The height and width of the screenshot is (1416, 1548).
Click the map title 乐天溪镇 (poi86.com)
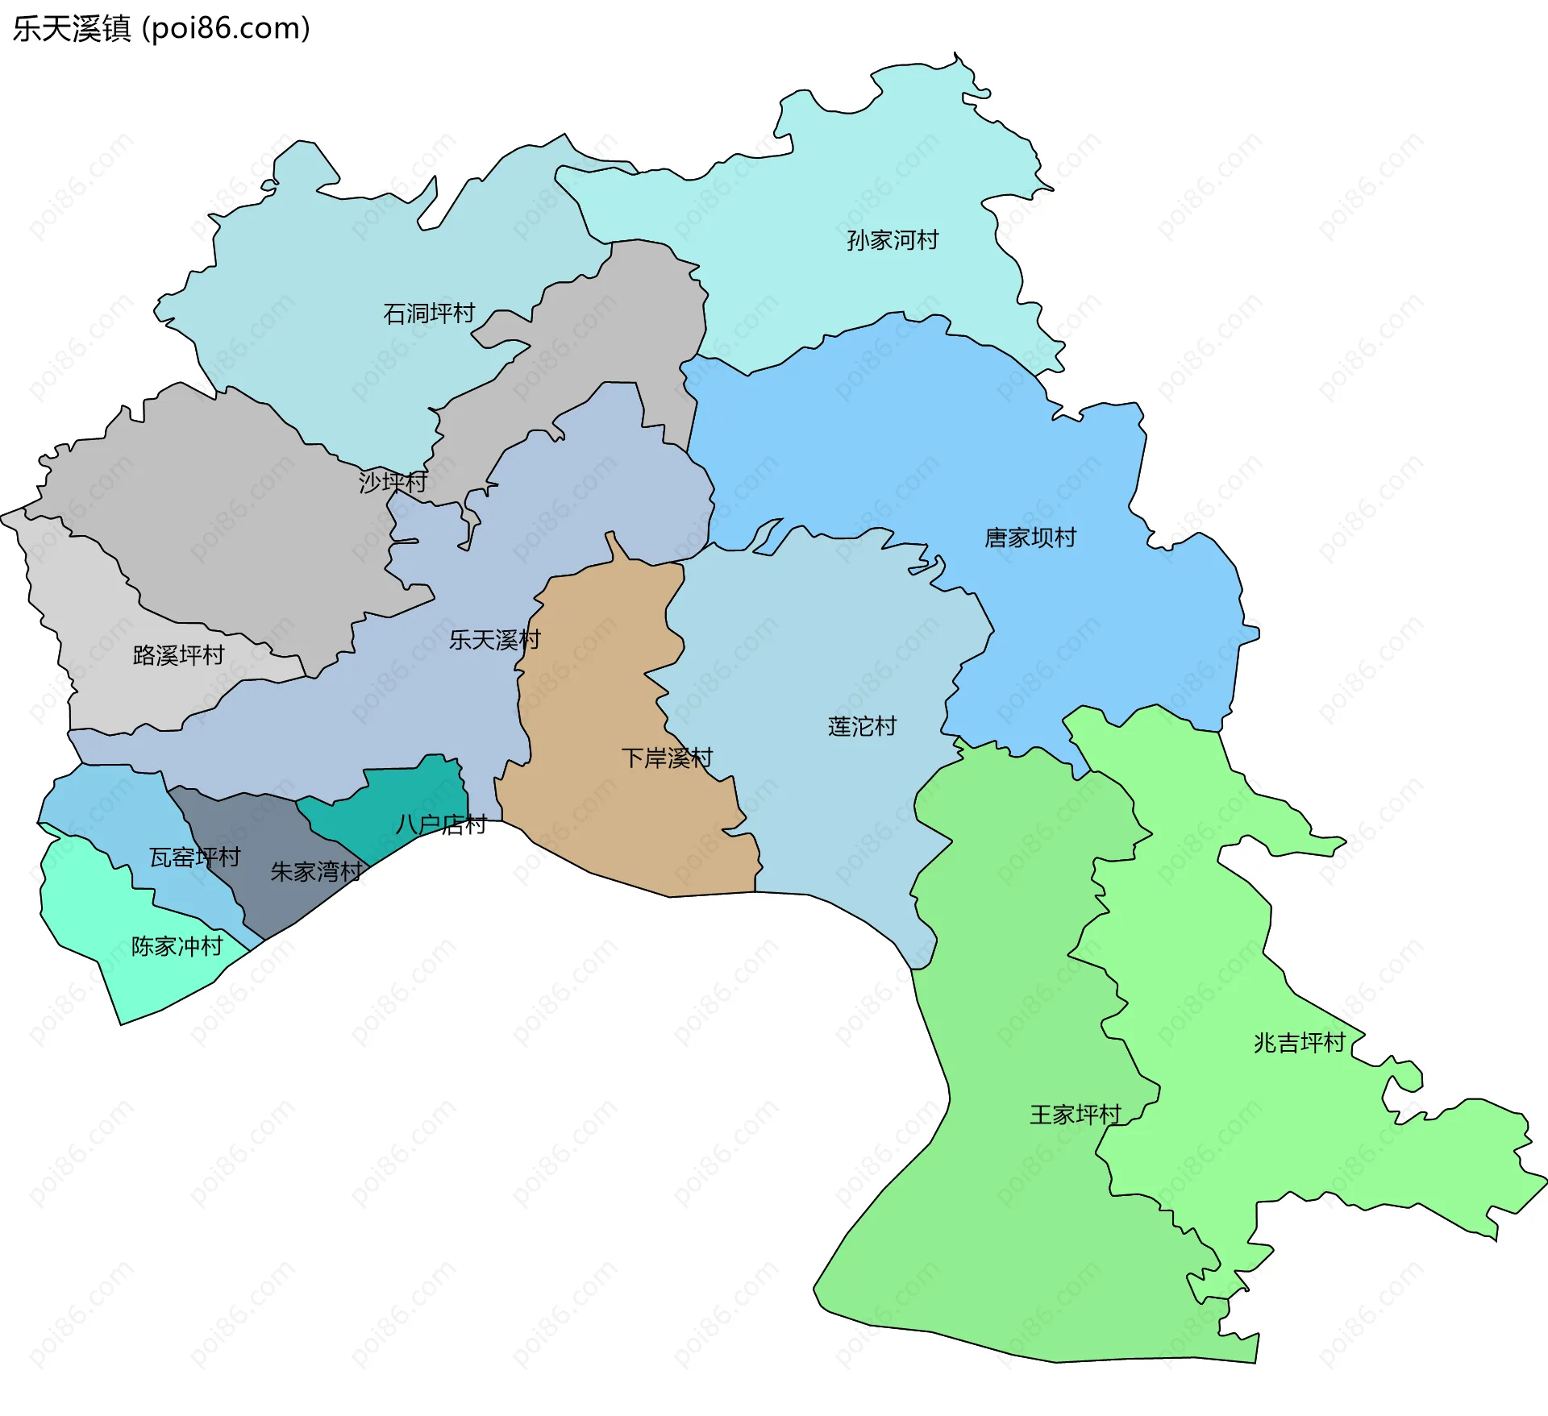click(x=161, y=29)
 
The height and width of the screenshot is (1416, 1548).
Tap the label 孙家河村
click(x=893, y=240)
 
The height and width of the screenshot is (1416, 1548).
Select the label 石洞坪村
click(x=429, y=314)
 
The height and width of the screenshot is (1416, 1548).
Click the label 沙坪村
click(x=393, y=482)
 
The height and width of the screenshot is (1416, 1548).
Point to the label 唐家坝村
click(x=1030, y=538)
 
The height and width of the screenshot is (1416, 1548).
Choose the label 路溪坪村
click(x=178, y=655)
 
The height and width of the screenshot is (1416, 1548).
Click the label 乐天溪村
click(x=494, y=640)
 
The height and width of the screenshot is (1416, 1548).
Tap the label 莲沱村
click(x=862, y=726)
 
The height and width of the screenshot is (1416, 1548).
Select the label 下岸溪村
click(x=667, y=758)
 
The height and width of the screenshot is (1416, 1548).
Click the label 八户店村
click(x=441, y=824)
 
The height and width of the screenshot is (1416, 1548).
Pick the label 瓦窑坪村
click(x=194, y=857)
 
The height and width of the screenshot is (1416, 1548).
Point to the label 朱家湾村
click(x=316, y=871)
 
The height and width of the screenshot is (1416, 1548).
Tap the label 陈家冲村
click(x=177, y=945)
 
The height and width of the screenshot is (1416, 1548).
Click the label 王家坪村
click(x=1075, y=1115)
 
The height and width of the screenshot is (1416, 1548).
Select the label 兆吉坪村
click(x=1299, y=1043)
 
